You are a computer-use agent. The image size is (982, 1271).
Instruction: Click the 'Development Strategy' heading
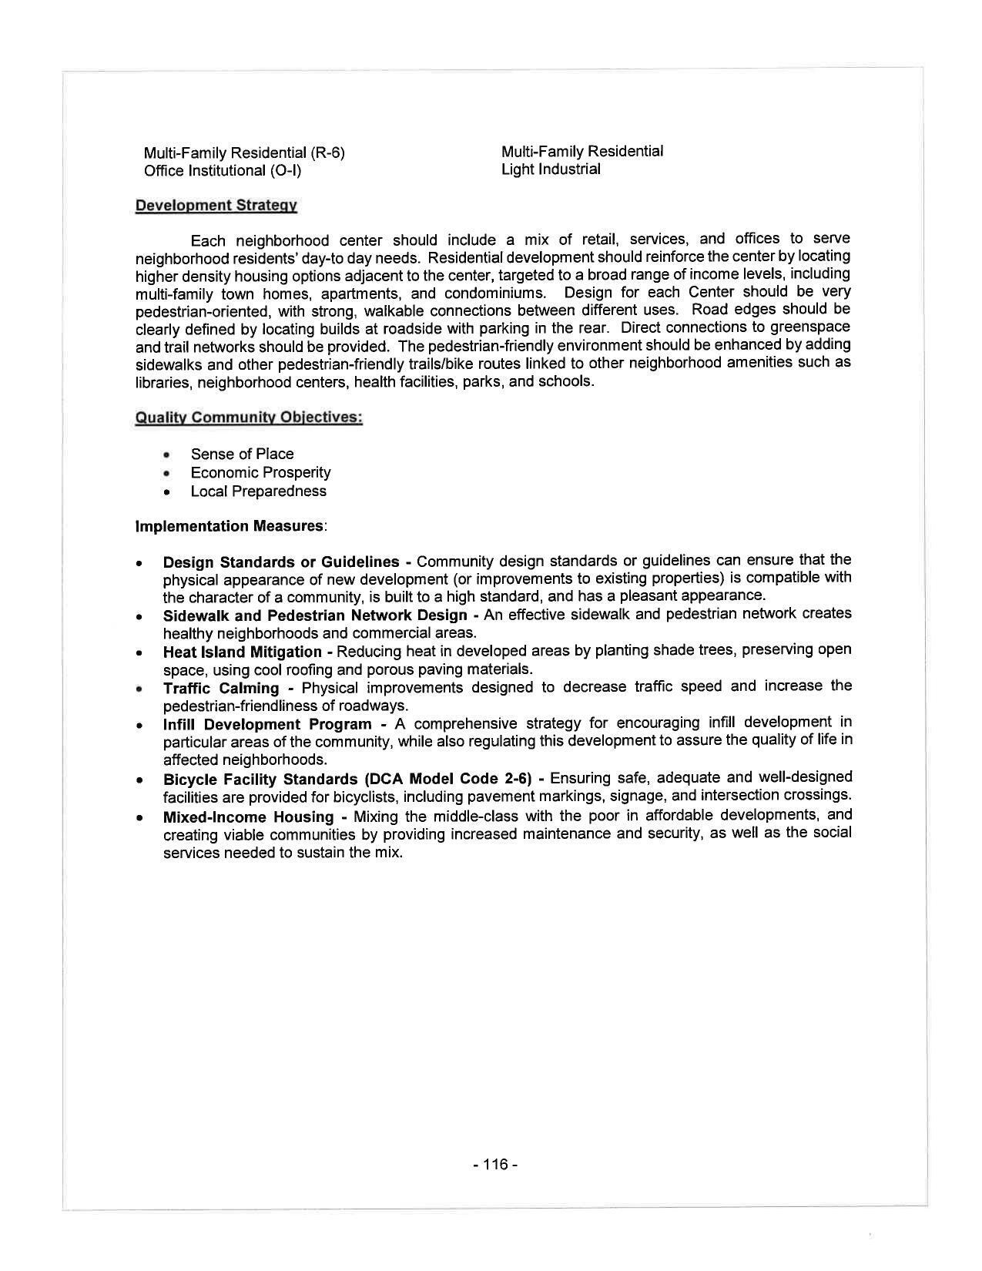click(216, 205)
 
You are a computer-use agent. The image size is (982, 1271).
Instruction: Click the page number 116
click(495, 1164)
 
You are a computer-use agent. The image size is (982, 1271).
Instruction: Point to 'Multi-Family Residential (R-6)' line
click(244, 153)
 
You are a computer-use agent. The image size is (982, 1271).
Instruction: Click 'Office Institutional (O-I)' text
click(223, 170)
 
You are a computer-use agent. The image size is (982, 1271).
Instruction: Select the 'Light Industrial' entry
click(550, 169)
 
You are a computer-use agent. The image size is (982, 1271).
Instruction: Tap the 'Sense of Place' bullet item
click(242, 454)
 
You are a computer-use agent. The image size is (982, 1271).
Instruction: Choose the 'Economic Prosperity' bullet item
click(260, 472)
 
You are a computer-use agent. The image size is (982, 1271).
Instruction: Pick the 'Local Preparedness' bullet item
click(258, 491)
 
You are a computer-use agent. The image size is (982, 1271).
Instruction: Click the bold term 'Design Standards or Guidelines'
click(281, 562)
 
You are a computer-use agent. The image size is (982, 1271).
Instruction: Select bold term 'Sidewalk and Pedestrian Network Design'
click(315, 615)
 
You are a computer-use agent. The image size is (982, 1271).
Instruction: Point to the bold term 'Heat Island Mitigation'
click(242, 652)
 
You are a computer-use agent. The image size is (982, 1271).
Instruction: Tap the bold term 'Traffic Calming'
click(221, 688)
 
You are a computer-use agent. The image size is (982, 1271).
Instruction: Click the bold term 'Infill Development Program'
click(267, 725)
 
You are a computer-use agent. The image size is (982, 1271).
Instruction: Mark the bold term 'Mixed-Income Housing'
click(248, 817)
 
